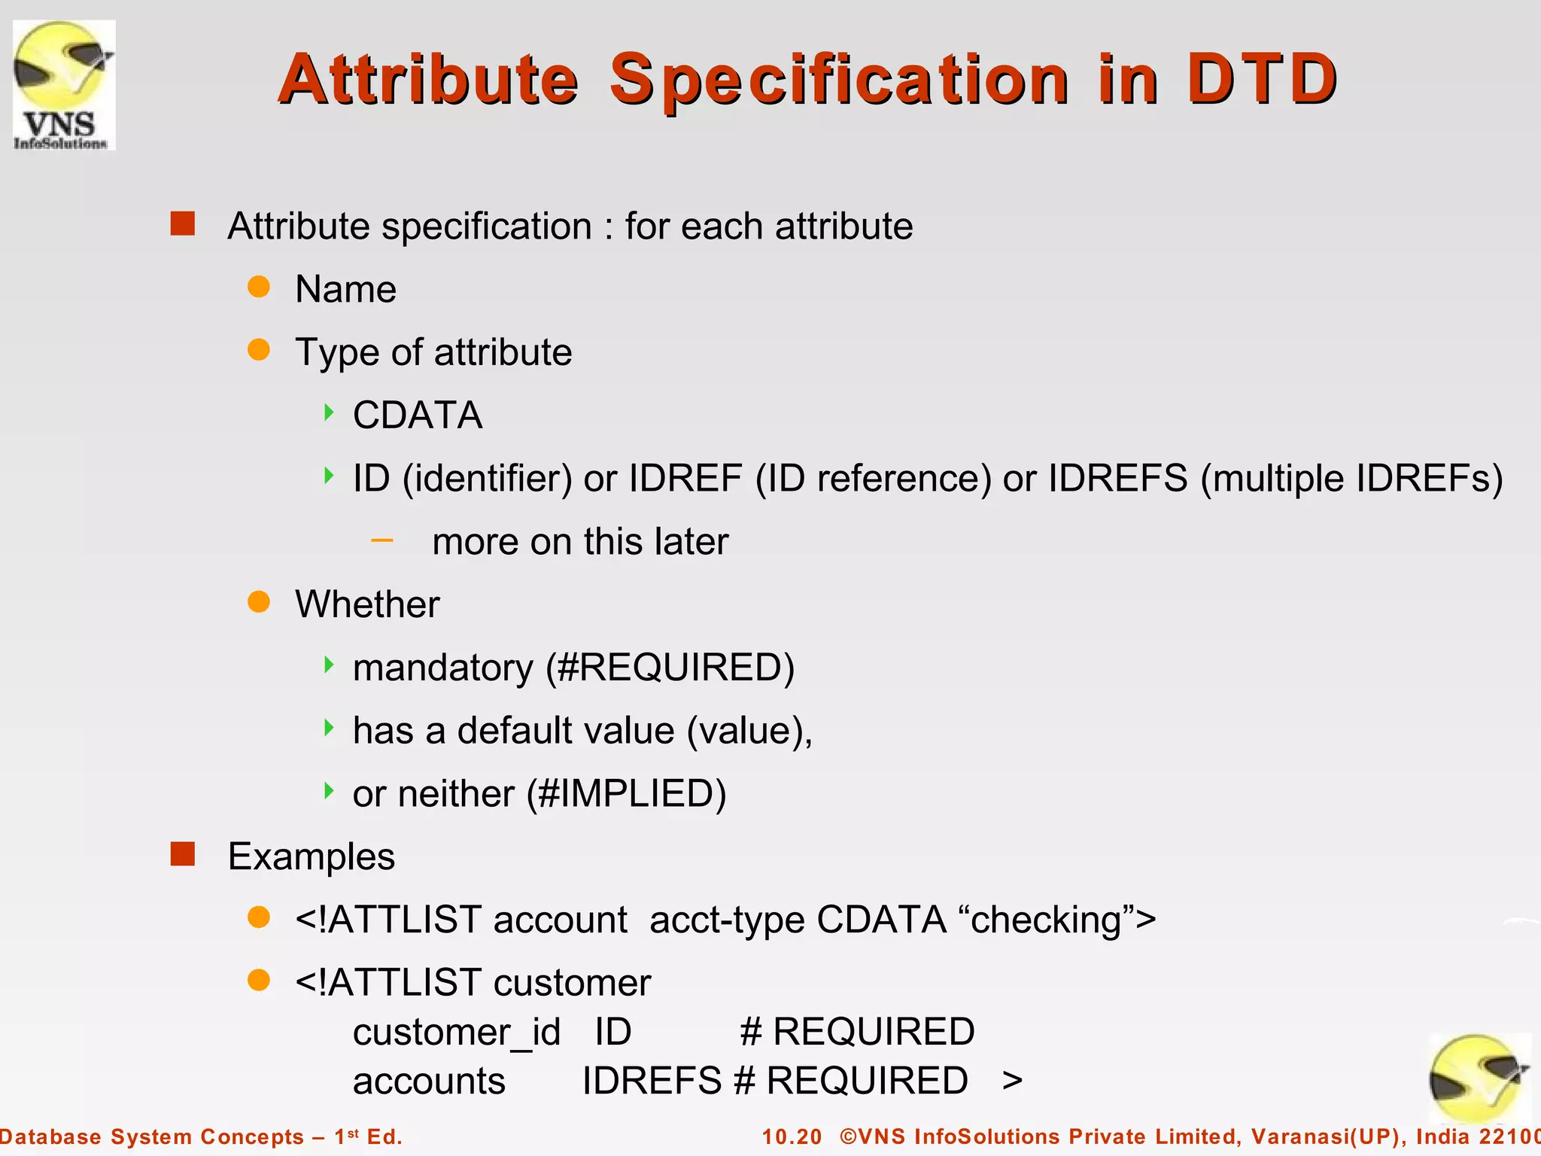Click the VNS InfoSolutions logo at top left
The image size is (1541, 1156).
[x=63, y=84]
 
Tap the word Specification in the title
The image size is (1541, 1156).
[x=838, y=80]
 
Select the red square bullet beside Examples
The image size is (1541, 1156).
[x=182, y=854]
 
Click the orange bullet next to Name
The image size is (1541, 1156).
[x=259, y=287]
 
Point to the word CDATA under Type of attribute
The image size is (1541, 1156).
[x=418, y=415]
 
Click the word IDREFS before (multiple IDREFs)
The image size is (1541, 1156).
[x=1117, y=478]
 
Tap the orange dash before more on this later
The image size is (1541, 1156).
[x=382, y=540]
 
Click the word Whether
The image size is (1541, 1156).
[x=367, y=604]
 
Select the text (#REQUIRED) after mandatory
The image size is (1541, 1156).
[x=670, y=668]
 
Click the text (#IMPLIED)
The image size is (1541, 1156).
[x=626, y=793]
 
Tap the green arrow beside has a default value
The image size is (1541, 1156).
[x=329, y=728]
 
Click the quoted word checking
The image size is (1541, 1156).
[x=1047, y=920]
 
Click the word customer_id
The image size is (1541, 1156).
[x=457, y=1032]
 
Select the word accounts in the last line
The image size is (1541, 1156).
[x=429, y=1081]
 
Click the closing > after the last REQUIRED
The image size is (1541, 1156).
[x=1012, y=1081]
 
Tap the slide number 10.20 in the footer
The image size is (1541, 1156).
[x=792, y=1136]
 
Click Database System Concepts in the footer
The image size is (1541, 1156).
[x=150, y=1136]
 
